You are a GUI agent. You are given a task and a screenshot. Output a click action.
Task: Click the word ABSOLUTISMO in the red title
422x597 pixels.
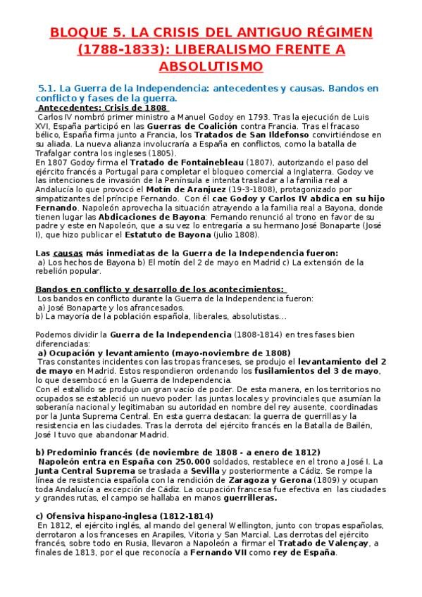coord(211,66)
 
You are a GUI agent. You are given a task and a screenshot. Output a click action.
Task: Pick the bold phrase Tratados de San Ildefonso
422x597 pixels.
coord(245,133)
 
